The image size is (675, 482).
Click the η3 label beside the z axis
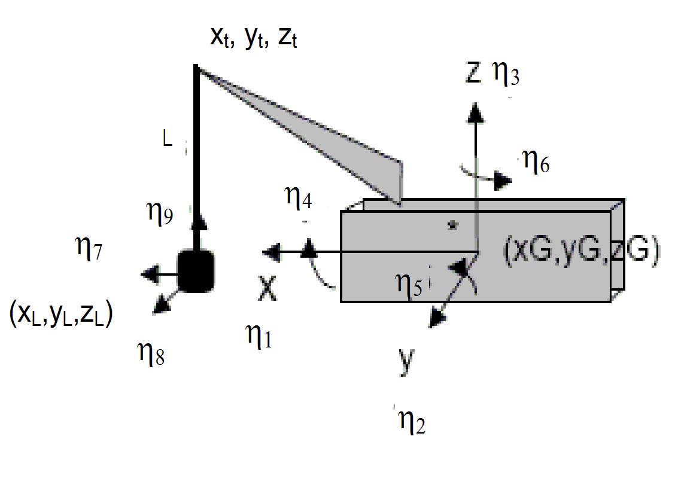[x=506, y=74]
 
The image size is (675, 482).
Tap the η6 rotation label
[x=536, y=162]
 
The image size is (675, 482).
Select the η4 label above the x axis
[x=299, y=198]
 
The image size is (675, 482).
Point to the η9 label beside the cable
[x=160, y=213]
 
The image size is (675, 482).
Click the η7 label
[x=89, y=248]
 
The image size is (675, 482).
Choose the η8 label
[x=151, y=354]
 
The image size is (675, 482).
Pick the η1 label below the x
[x=259, y=335]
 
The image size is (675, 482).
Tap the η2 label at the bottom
[x=412, y=422]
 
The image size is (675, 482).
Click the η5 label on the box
[x=409, y=285]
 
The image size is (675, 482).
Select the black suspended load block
[x=196, y=271]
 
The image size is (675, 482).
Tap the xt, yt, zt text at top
[x=254, y=38]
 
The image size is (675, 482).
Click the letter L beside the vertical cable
[x=168, y=139]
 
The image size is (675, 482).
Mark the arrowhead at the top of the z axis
[x=475, y=112]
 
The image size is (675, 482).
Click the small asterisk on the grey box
[x=452, y=224]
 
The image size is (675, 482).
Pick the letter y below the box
[x=406, y=361]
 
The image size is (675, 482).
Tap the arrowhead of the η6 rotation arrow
[x=503, y=181]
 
